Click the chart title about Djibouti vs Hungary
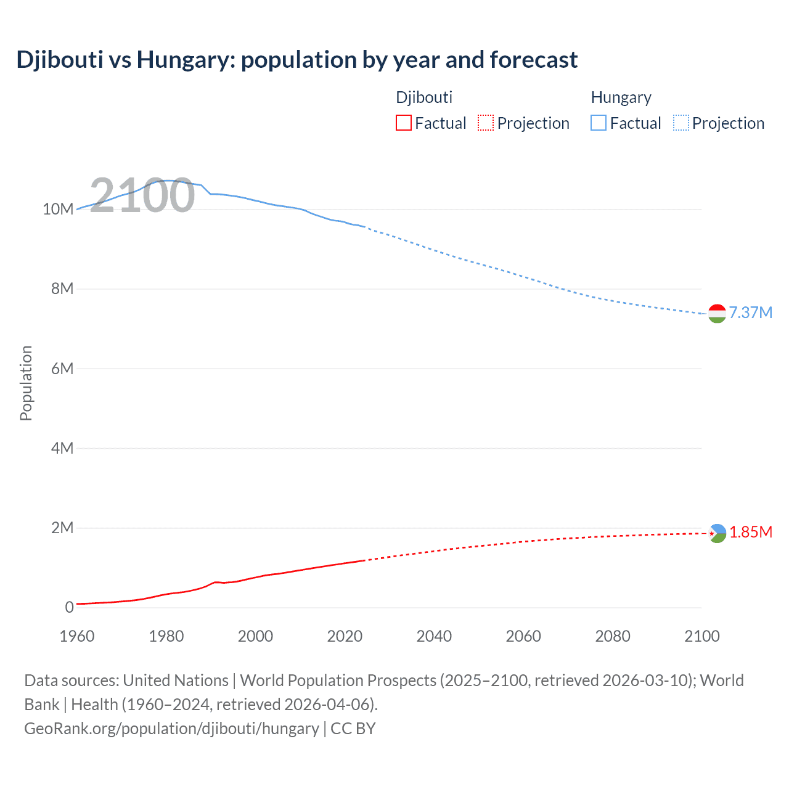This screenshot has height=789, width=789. pyautogui.click(x=296, y=60)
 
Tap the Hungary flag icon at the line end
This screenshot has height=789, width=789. pyautogui.click(x=717, y=313)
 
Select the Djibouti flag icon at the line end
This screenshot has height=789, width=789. pyautogui.click(x=717, y=533)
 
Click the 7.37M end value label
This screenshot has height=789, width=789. pyautogui.click(x=750, y=313)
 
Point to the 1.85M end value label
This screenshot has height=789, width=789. pyautogui.click(x=750, y=533)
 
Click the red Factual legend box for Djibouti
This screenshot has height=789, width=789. pyautogui.click(x=403, y=123)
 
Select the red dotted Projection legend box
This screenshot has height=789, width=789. pyautogui.click(x=486, y=123)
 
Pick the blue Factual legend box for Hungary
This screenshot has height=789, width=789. pyautogui.click(x=598, y=123)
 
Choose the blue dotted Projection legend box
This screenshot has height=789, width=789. pyautogui.click(x=681, y=123)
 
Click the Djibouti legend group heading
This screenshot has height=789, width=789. pyautogui.click(x=424, y=97)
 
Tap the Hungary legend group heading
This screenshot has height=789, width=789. pyautogui.click(x=621, y=97)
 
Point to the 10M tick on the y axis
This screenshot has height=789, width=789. pyautogui.click(x=58, y=210)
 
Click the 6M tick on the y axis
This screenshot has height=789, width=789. pyautogui.click(x=62, y=369)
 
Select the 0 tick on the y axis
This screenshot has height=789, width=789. pyautogui.click(x=69, y=608)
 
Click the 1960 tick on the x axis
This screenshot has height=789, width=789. pyautogui.click(x=77, y=636)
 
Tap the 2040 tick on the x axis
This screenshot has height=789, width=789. pyautogui.click(x=434, y=636)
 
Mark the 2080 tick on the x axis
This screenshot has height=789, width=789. pyautogui.click(x=613, y=636)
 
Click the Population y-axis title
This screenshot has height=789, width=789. pyautogui.click(x=26, y=383)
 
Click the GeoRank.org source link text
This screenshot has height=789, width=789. pyautogui.click(x=171, y=729)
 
